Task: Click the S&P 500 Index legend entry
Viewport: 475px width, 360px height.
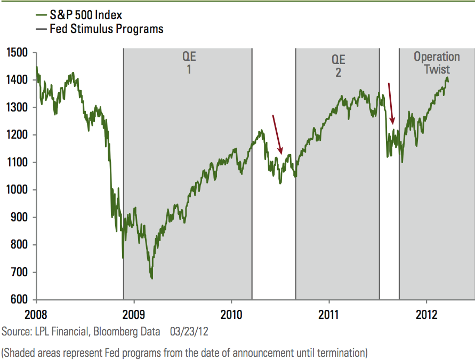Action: pyautogui.click(x=85, y=15)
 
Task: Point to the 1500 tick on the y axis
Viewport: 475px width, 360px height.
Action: pyautogui.click(x=19, y=52)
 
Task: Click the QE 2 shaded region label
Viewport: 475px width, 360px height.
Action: pyautogui.click(x=338, y=66)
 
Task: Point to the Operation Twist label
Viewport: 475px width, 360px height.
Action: pyautogui.click(x=437, y=63)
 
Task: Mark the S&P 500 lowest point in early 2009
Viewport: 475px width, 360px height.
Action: pyautogui.click(x=152, y=278)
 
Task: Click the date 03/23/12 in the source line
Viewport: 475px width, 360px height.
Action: pyautogui.click(x=189, y=332)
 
